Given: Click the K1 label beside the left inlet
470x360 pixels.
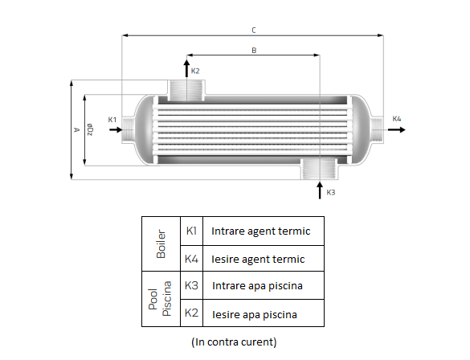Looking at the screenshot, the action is click(x=112, y=120).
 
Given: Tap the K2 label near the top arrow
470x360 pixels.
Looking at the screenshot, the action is click(x=195, y=71).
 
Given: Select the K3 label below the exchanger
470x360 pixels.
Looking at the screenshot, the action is click(x=331, y=192).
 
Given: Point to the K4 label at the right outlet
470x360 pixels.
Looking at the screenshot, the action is click(x=397, y=119).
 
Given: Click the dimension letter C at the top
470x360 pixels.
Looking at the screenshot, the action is click(x=254, y=31).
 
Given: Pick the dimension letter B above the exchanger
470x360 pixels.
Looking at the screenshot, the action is click(x=254, y=51).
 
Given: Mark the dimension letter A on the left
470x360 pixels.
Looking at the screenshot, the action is click(x=77, y=130).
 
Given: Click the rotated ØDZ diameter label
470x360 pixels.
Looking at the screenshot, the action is click(x=90, y=129).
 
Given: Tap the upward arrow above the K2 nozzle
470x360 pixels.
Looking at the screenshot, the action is click(x=186, y=68).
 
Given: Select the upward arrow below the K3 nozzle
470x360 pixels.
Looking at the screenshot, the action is click(x=320, y=190).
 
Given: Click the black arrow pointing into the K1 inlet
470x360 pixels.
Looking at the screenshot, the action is click(x=116, y=130).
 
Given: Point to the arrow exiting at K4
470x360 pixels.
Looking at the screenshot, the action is click(x=397, y=130).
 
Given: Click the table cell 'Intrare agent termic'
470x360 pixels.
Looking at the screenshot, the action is click(x=261, y=231).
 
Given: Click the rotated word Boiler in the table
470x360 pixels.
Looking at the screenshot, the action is click(x=161, y=244).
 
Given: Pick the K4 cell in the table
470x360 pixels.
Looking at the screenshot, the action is click(x=191, y=259).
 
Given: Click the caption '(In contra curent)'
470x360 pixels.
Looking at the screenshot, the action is click(x=234, y=342).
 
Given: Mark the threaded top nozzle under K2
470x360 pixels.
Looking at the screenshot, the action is click(x=186, y=90).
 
